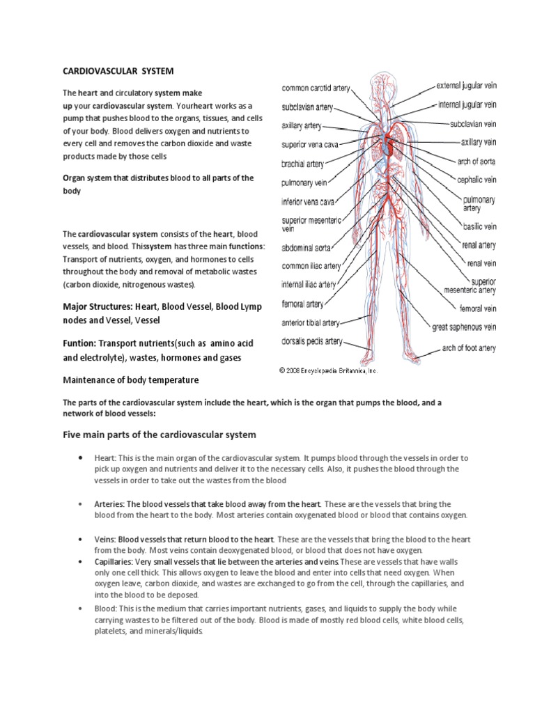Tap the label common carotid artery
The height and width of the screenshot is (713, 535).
[316, 88]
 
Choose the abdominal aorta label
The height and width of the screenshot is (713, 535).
[306, 247]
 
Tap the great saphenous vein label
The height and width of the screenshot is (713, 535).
[464, 327]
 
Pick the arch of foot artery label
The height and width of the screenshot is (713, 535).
[469, 347]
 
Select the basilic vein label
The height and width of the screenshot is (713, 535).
[480, 226]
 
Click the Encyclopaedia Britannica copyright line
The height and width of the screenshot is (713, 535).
[329, 371]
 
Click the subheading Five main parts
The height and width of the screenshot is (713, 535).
[160, 434]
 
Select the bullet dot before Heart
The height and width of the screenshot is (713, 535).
[82, 457]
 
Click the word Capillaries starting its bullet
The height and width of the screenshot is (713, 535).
[117, 561]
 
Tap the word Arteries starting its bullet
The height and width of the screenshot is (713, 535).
[111, 503]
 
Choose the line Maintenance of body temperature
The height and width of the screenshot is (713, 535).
[131, 380]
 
